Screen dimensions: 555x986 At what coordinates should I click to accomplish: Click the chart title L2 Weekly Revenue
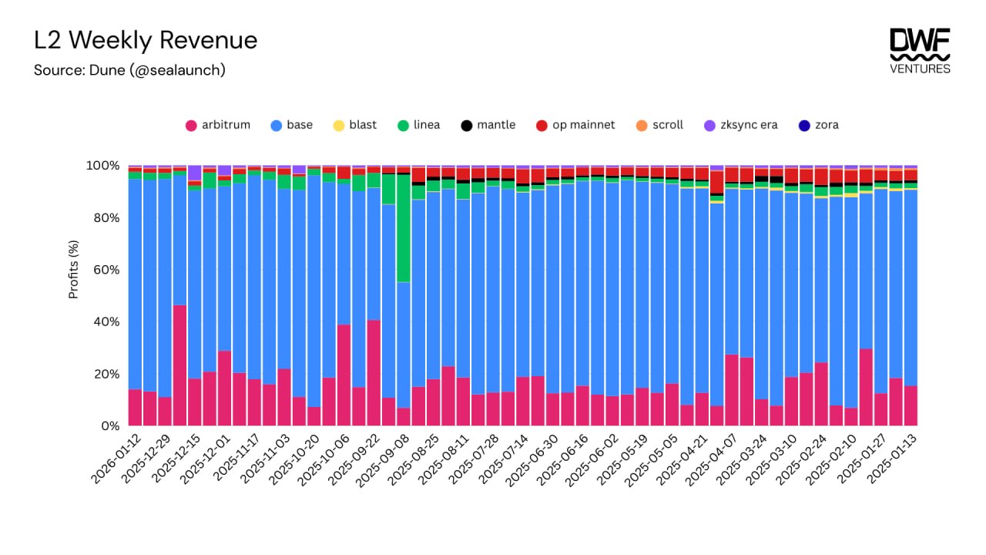point(146,40)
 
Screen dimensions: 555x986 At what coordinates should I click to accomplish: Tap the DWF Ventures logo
point(920,51)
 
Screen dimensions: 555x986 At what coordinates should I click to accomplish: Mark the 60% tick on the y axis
point(104,270)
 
